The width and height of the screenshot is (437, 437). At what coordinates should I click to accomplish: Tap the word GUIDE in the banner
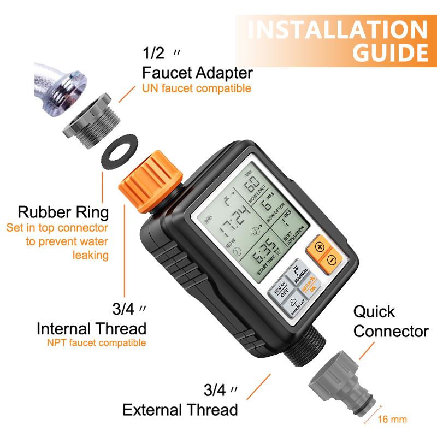(389, 54)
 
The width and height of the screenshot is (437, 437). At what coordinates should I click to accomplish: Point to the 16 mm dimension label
(392, 420)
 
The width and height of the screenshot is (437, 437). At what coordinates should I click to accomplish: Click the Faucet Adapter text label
(197, 73)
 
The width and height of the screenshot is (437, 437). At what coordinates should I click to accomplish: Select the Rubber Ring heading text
(63, 211)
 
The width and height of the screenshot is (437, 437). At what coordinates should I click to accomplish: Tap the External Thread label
(180, 410)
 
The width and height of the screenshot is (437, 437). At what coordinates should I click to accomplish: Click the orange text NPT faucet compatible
(97, 343)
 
